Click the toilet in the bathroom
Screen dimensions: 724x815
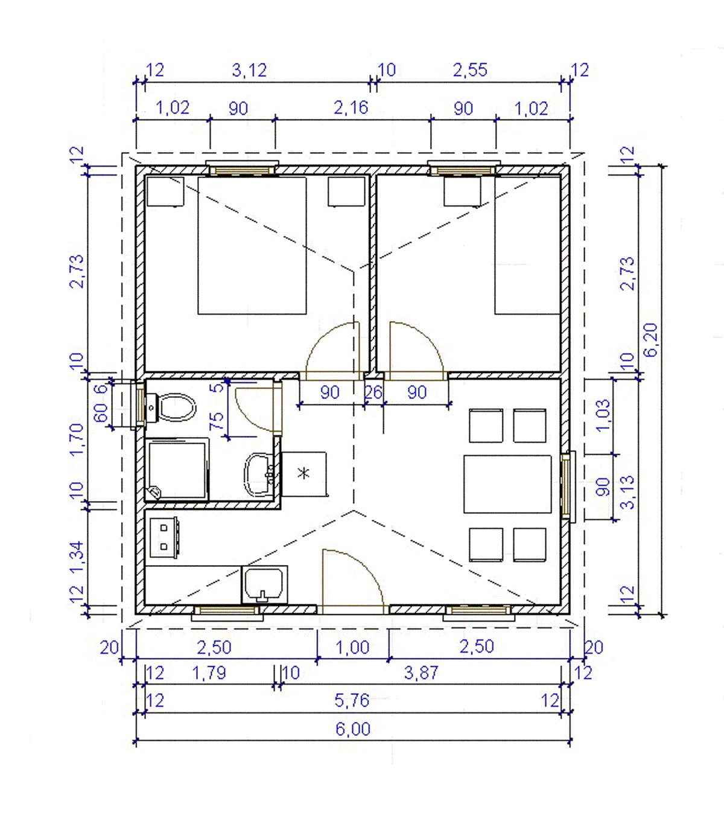pyautogui.click(x=171, y=407)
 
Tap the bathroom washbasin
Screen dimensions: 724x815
pyautogui.click(x=258, y=475)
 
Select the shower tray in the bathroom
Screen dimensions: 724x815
pyautogui.click(x=177, y=470)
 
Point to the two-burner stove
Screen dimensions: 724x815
pyautogui.click(x=164, y=537)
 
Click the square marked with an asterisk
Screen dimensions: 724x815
pyautogui.click(x=304, y=473)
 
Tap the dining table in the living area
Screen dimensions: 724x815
pyautogui.click(x=507, y=484)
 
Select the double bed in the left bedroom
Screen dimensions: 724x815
pyautogui.click(x=252, y=245)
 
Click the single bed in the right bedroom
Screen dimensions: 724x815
pyautogui.click(x=527, y=245)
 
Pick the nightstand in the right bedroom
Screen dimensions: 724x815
pyautogui.click(x=462, y=191)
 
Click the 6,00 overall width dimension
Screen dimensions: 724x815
pyautogui.click(x=353, y=729)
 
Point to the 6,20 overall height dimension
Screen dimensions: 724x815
pyautogui.click(x=650, y=340)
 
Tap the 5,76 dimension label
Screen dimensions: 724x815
pyautogui.click(x=352, y=700)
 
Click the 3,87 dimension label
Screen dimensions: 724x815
pyautogui.click(x=421, y=673)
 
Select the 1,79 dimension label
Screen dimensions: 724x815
pyautogui.click(x=209, y=673)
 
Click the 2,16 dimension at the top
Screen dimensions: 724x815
pyautogui.click(x=351, y=108)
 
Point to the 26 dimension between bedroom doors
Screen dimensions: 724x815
pyautogui.click(x=373, y=392)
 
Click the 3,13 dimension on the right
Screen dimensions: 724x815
pyautogui.click(x=627, y=492)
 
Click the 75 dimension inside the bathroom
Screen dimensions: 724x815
pyautogui.click(x=216, y=421)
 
